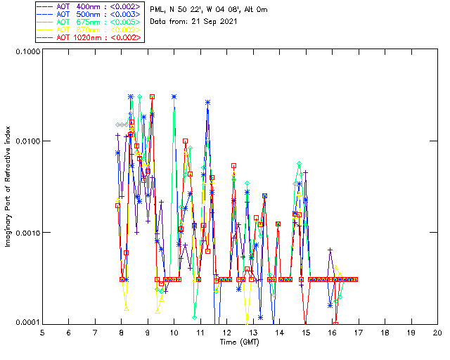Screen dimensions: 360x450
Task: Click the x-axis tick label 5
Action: [x=42, y=333]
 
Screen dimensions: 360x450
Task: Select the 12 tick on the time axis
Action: [x=226, y=333]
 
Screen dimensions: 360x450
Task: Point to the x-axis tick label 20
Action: [x=437, y=333]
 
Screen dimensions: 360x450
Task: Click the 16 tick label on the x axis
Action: [x=332, y=333]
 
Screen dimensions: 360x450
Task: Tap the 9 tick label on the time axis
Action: [x=148, y=333]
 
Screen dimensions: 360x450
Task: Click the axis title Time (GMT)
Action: [x=240, y=342]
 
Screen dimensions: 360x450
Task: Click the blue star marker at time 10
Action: [x=174, y=96]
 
